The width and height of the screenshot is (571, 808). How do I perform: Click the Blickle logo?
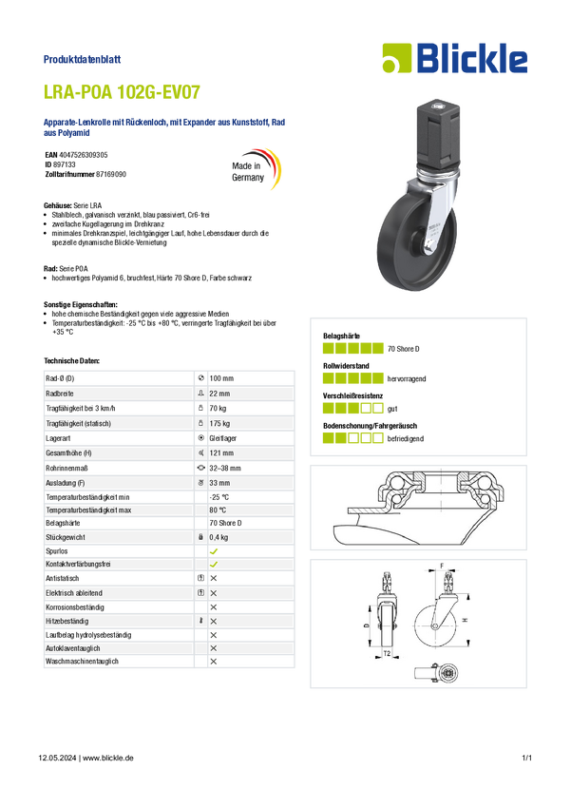455,58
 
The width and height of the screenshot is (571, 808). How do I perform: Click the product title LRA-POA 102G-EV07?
122,92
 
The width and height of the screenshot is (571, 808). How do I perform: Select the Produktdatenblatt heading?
82,59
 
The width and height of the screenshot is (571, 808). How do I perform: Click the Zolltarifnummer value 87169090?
111,174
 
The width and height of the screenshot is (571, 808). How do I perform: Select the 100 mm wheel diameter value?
221,378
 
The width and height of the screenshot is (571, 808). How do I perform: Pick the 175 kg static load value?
219,423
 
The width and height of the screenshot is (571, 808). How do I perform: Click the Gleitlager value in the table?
223,438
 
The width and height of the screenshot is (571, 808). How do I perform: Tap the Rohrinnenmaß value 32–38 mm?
225,468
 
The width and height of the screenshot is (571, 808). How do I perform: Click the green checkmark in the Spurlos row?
214,550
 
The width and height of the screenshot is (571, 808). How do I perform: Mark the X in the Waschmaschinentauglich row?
214,662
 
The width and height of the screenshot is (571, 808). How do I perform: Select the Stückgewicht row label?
66,537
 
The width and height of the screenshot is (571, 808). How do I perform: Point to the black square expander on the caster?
437,133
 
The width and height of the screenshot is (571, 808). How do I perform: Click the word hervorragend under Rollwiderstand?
407,378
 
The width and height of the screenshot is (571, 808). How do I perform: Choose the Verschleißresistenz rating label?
352,395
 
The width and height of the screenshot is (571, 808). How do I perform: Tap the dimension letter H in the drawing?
465,620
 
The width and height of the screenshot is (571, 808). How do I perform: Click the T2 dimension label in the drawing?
387,653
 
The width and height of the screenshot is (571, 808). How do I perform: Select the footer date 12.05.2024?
57,758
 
